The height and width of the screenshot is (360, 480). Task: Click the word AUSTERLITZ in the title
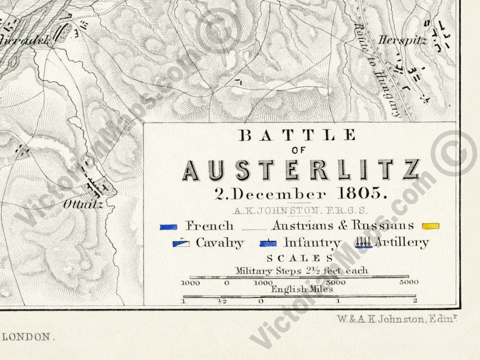(x=300, y=170)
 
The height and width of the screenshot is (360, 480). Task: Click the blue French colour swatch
(x=169, y=227)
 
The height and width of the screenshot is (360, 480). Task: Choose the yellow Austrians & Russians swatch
(x=430, y=227)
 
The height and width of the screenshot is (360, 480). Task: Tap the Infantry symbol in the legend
(x=268, y=243)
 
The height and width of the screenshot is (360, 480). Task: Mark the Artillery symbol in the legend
(x=364, y=243)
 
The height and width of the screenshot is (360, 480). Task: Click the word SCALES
(x=300, y=259)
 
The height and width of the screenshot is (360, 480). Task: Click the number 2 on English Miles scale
(x=415, y=301)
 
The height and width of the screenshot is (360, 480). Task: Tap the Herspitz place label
(x=403, y=41)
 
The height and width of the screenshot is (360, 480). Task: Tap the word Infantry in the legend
(x=312, y=243)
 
